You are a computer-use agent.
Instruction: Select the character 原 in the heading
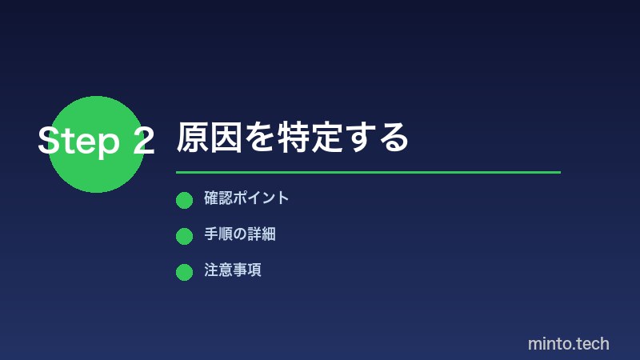pyautogui.click(x=193, y=138)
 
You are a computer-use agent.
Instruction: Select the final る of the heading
pyautogui.click(x=393, y=138)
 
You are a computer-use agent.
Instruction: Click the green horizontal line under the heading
pyautogui.click(x=368, y=172)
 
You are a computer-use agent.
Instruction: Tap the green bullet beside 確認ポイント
pyautogui.click(x=184, y=200)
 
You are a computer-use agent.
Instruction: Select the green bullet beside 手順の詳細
pyautogui.click(x=184, y=236)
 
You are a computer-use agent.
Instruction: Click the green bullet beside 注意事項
pyautogui.click(x=184, y=272)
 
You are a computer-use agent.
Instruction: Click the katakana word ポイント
pyautogui.click(x=261, y=198)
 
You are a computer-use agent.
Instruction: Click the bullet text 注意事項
pyautogui.click(x=233, y=270)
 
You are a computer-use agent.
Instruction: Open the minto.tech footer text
pyautogui.click(x=569, y=344)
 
